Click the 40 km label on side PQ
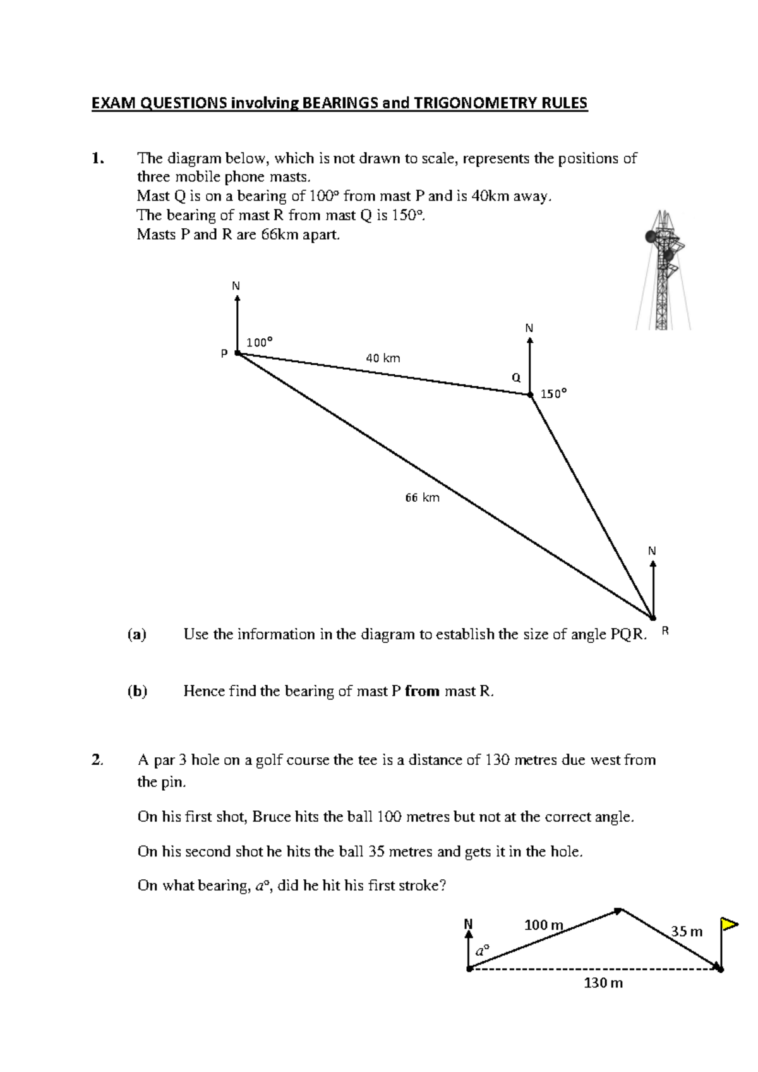pos(383,358)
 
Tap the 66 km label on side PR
pos(422,498)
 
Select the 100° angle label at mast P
pos(259,343)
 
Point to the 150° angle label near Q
pos(553,394)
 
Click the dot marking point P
pos(238,353)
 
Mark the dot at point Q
pos(530,394)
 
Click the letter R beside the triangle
pos(665,631)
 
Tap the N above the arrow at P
pos(236,286)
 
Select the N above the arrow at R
pos(652,551)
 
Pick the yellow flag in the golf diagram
pos(730,925)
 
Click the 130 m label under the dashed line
pos(603,983)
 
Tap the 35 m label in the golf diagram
pos(686,932)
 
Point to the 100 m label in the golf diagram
pos(543,925)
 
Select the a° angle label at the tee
pos(482,951)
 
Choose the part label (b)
pos(137,691)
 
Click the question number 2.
pos(97,760)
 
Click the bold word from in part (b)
pos(422,691)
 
